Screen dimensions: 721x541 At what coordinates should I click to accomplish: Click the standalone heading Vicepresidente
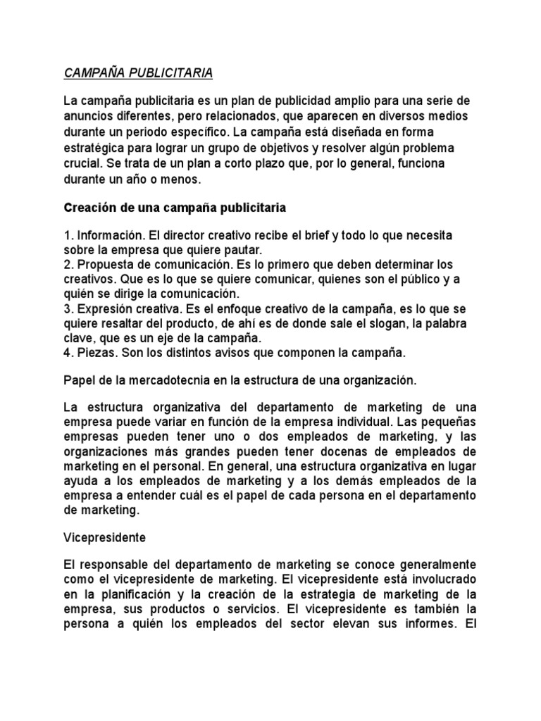(104, 537)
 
